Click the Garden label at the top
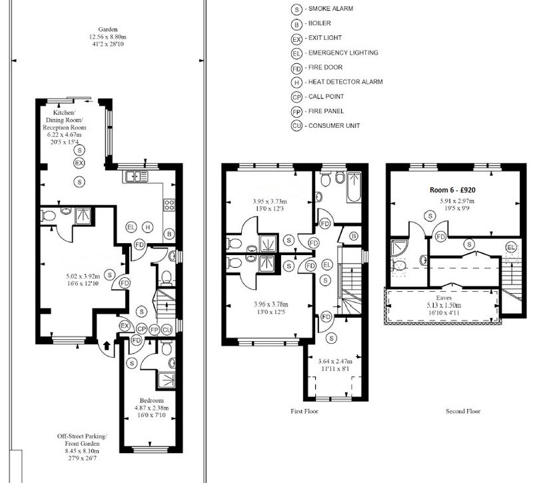click(x=108, y=29)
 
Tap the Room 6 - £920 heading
click(x=452, y=190)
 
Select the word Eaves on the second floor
click(x=444, y=298)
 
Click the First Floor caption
click(x=304, y=411)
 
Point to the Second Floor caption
click(x=463, y=411)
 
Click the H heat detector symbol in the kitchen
click(x=147, y=227)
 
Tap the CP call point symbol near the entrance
click(x=141, y=329)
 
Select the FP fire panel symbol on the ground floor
click(x=155, y=329)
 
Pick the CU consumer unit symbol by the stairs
click(x=167, y=329)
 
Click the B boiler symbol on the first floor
click(x=354, y=236)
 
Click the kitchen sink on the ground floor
click(x=137, y=177)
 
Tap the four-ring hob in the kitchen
click(x=169, y=205)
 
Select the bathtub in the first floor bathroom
click(x=354, y=187)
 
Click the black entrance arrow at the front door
click(x=107, y=346)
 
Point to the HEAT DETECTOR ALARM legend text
click(x=345, y=82)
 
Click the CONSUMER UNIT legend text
click(x=334, y=126)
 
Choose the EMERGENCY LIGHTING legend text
click(x=343, y=53)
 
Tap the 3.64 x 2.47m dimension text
click(x=335, y=361)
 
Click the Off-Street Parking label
click(x=82, y=436)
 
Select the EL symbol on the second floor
click(x=510, y=247)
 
